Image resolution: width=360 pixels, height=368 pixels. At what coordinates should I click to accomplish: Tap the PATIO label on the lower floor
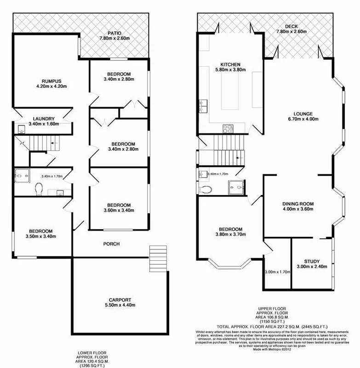pyautogui.click(x=114, y=33)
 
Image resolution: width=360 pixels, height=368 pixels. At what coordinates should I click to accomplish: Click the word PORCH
pyautogui.click(x=112, y=244)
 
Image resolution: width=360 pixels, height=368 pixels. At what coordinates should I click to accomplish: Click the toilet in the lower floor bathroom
pyautogui.click(x=39, y=188)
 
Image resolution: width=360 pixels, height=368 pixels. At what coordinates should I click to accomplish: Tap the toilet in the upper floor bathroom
pyautogui.click(x=206, y=190)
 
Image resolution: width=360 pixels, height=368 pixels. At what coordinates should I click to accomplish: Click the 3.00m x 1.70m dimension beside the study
pyautogui.click(x=278, y=272)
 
